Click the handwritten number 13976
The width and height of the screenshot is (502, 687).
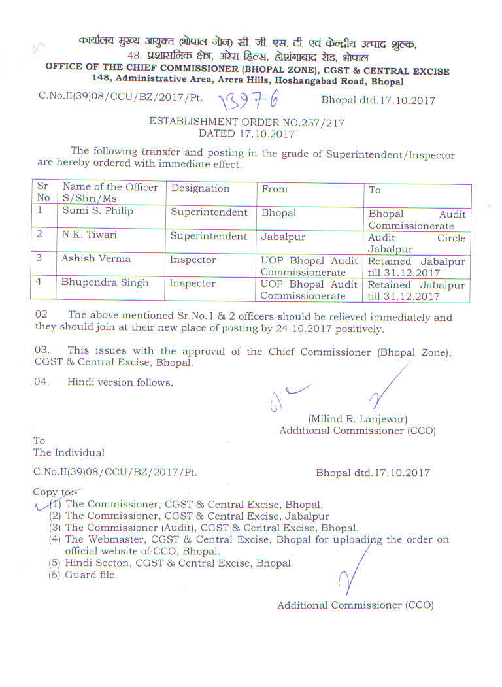[249, 100]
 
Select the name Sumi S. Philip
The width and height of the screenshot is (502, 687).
[95, 212]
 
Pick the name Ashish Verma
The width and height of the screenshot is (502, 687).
[96, 259]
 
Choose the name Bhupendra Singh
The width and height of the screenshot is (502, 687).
[105, 283]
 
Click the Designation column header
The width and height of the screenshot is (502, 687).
[200, 188]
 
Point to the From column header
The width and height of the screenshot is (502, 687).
[275, 188]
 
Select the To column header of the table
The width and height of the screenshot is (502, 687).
[375, 190]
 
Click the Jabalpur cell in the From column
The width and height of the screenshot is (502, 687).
[283, 236]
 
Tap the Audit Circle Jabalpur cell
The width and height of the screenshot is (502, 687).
[416, 243]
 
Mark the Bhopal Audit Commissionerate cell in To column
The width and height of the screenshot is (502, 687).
[416, 220]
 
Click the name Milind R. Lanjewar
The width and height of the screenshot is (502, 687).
[358, 419]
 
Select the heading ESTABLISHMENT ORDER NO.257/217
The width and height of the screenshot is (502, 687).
[246, 122]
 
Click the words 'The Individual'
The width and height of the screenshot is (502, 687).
[69, 452]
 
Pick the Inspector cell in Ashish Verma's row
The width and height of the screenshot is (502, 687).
[192, 260]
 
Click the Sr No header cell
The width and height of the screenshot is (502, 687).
[43, 192]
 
